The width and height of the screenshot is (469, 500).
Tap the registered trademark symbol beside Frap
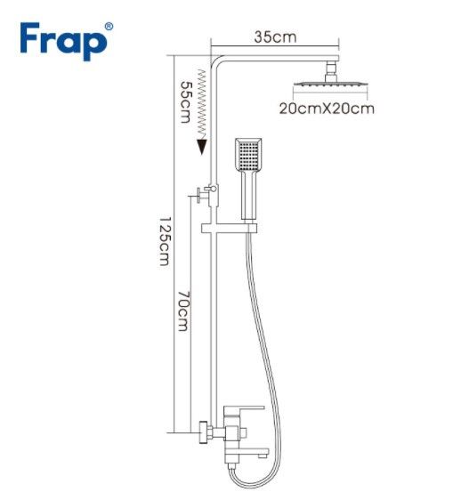[109, 27]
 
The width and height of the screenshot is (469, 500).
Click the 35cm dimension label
[275, 37]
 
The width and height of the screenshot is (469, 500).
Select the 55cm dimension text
[186, 102]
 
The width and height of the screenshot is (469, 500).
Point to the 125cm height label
[165, 241]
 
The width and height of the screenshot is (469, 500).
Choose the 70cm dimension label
[183, 310]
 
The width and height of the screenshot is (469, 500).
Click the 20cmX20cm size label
[327, 109]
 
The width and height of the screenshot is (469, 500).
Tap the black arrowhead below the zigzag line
[202, 147]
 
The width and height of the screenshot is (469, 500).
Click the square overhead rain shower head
[330, 85]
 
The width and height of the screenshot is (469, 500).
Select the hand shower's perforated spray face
[248, 154]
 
